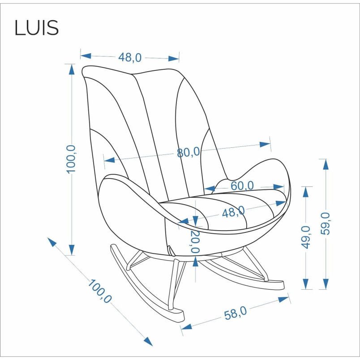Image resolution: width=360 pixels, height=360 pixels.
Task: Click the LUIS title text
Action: [37, 28]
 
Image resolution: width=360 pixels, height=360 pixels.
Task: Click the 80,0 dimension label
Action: [188, 152]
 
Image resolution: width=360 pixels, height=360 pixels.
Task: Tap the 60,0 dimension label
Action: [242, 185]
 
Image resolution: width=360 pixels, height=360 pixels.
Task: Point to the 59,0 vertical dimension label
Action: [325, 223]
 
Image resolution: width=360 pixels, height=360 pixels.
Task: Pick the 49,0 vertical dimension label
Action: [305, 237]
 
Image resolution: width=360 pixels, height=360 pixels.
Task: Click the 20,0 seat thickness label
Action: [195, 241]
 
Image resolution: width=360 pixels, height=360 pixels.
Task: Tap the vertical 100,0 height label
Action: [71, 159]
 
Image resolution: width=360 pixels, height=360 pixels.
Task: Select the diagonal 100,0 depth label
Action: [100, 291]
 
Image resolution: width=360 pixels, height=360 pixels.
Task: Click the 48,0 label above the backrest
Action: [130, 57]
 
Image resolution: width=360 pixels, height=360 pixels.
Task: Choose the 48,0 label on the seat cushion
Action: [233, 212]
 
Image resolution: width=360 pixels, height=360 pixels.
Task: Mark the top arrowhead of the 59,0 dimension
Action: [326, 164]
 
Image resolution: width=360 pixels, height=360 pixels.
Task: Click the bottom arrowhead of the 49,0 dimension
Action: [305, 284]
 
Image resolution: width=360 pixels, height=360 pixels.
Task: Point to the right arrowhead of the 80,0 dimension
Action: [265, 145]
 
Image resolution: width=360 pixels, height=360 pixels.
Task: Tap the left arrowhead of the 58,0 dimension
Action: [187, 326]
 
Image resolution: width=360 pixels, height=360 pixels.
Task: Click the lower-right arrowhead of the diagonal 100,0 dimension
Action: [148, 341]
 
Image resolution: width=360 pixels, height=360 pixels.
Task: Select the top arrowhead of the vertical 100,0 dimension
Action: [72, 69]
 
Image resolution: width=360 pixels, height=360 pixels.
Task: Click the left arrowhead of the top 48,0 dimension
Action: [86, 56]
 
